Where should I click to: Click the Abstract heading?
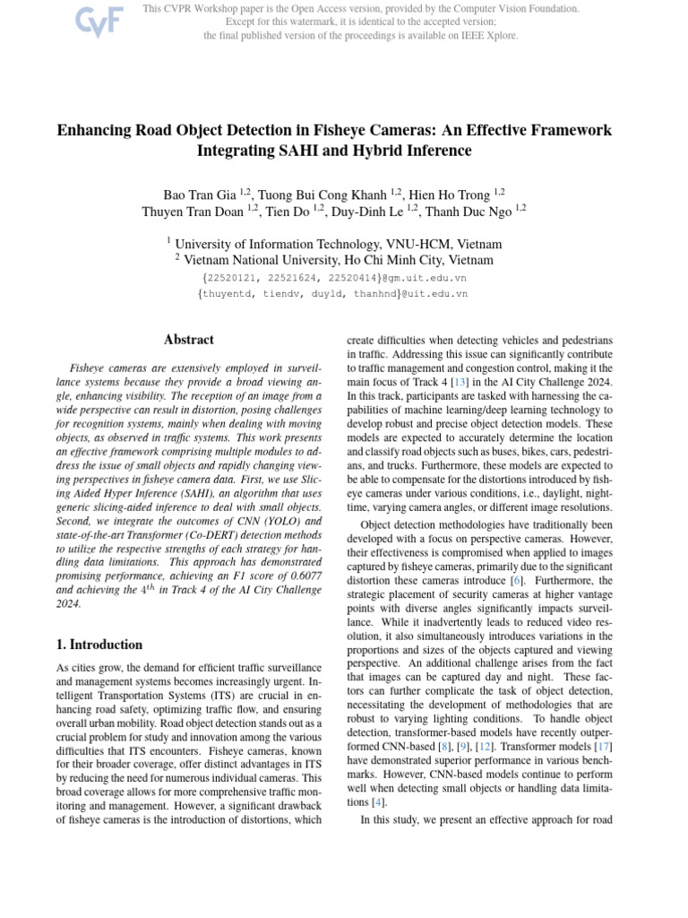[x=189, y=340]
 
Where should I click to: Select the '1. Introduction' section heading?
[x=99, y=645]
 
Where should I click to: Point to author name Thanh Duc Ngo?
[x=470, y=212]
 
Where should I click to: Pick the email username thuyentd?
[x=229, y=293]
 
